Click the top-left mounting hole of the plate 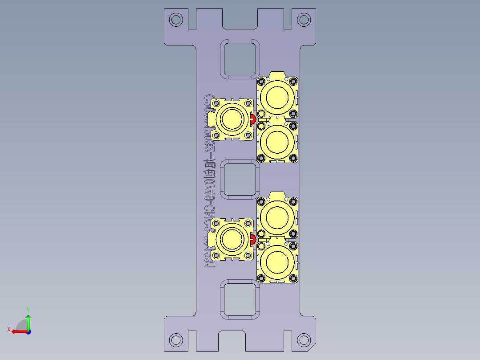tap(176, 20)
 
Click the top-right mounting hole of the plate tap(304, 20)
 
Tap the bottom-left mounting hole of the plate tap(176, 340)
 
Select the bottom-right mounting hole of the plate tap(304, 340)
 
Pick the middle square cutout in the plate tap(240, 180)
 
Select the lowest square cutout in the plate tap(240, 300)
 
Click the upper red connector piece tap(253, 119)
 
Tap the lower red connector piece tap(253, 240)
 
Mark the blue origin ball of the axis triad tap(28, 331)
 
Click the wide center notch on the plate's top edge tap(240, 18)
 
